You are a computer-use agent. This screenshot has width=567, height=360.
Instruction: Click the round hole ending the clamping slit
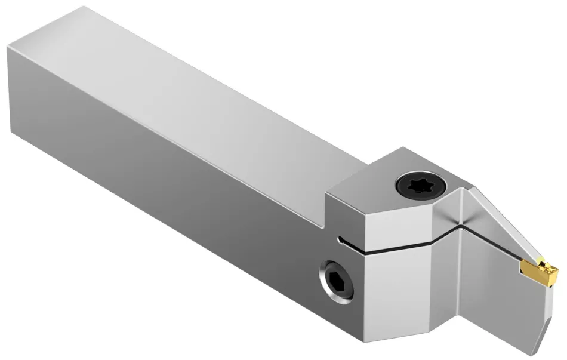[340, 241]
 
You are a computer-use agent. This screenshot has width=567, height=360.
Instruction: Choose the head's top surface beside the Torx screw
[382, 173]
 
